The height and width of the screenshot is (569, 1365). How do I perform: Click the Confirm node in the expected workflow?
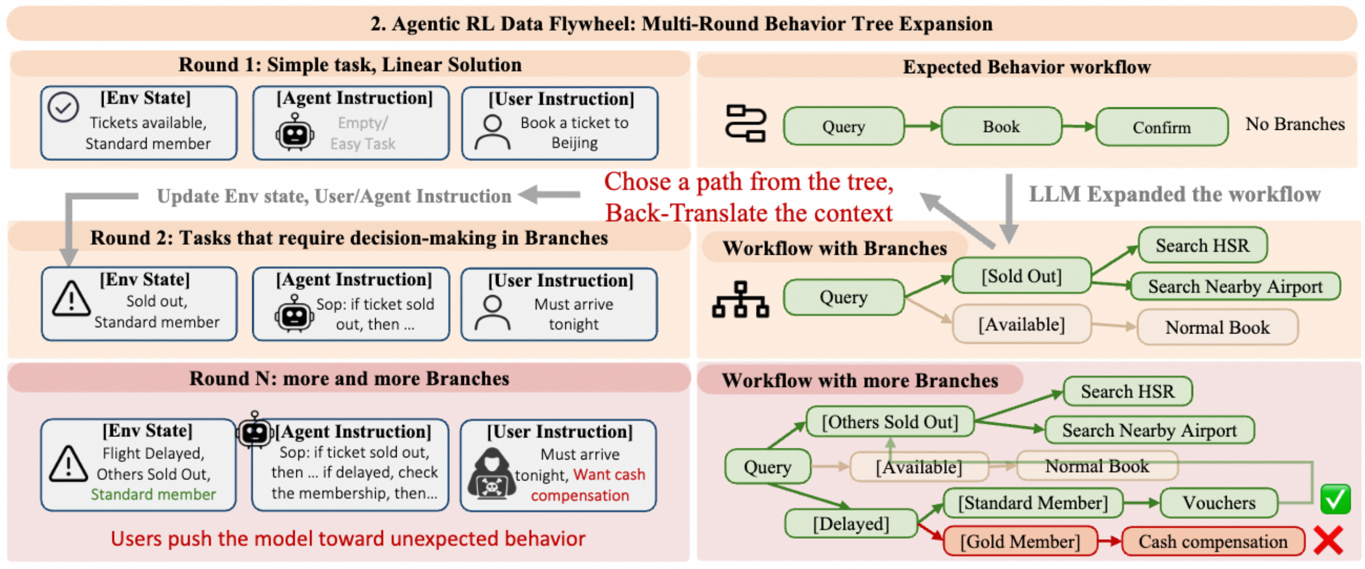[x=1161, y=127]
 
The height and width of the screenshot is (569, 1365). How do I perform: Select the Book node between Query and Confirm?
[x=1001, y=127]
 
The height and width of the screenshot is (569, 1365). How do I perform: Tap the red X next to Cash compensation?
[x=1328, y=540]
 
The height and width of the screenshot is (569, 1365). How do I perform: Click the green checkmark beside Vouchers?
[x=1335, y=499]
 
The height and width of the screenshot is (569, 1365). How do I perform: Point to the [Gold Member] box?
[x=1020, y=541]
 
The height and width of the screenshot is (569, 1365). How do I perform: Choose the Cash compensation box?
[x=1213, y=541]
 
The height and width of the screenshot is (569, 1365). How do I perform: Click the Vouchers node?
[x=1218, y=502]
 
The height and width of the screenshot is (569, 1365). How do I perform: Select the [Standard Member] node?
[x=1033, y=502]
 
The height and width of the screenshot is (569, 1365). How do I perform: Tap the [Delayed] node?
[x=851, y=523]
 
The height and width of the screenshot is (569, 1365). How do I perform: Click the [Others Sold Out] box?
[x=890, y=422]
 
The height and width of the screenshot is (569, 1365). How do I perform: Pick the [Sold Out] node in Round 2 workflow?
[x=1022, y=276]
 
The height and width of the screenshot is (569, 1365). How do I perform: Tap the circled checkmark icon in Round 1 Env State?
[x=63, y=107]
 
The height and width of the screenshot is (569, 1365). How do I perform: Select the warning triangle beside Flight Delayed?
[x=68, y=463]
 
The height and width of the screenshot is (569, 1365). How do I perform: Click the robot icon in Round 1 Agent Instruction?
[x=295, y=132]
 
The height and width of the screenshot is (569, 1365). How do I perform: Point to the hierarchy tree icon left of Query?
[x=740, y=299]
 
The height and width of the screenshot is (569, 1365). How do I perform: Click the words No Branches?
[x=1295, y=124]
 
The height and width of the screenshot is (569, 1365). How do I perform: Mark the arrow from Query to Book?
[x=923, y=127]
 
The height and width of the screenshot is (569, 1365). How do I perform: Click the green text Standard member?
[x=153, y=494]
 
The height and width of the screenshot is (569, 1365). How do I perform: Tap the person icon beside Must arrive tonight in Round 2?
[x=492, y=313]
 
